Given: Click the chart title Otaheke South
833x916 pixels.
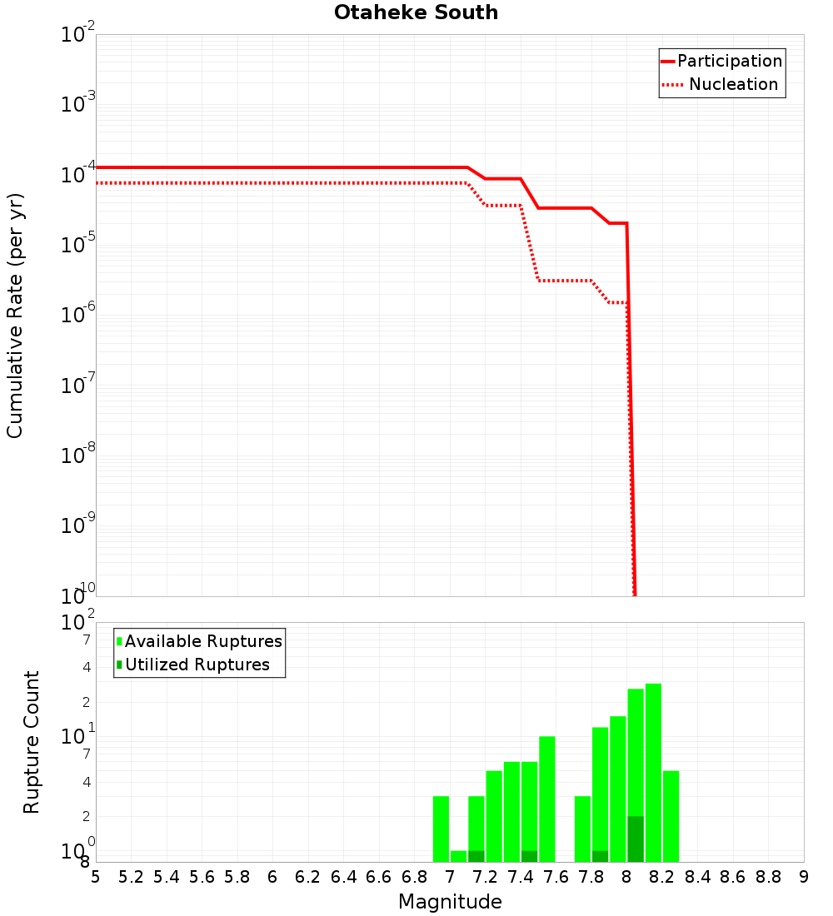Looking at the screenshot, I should tap(416, 12).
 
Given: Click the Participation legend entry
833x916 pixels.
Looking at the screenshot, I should tap(729, 62).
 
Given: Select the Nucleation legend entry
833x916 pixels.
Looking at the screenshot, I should tap(733, 85).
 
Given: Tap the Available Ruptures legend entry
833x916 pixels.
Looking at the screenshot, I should tap(203, 642).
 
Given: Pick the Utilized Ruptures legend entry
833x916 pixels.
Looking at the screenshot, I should tap(197, 665).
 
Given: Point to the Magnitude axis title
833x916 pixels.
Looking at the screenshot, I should tap(450, 902).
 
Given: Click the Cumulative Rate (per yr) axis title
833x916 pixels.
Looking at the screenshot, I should tap(15, 316).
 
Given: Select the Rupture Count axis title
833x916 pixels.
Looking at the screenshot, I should tap(32, 742).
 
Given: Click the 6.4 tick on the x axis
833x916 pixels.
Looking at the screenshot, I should tap(343, 877).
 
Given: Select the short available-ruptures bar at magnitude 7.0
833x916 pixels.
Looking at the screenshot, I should tap(458, 856).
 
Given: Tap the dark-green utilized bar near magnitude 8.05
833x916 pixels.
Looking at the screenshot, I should tap(636, 839).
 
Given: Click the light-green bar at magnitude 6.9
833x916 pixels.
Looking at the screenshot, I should tap(441, 829).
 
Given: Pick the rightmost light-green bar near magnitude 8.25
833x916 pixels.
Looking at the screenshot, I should tap(671, 816).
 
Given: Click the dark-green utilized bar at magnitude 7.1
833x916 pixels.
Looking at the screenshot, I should tap(476, 856).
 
